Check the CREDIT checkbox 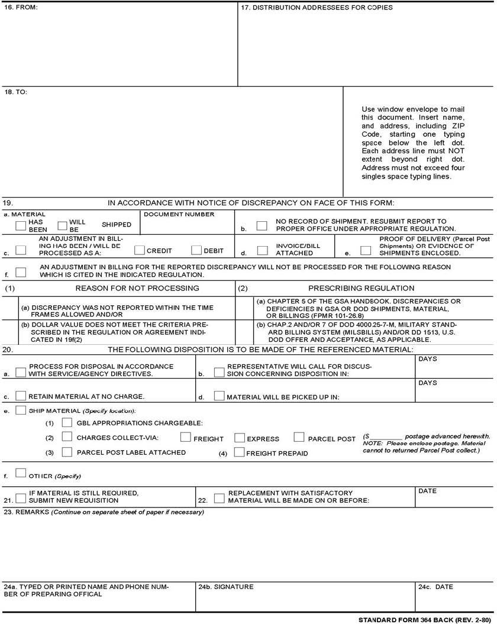pyautogui.click(x=140, y=250)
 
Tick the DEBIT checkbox pyautogui.click(x=197, y=250)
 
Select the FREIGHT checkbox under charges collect pyautogui.click(x=185, y=438)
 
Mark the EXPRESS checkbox pyautogui.click(x=240, y=438)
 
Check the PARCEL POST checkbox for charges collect pyautogui.click(x=298, y=438)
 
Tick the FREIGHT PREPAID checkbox pyautogui.click(x=239, y=452)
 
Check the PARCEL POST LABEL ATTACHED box pyautogui.click(x=67, y=452)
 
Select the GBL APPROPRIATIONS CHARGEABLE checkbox pyautogui.click(x=67, y=422)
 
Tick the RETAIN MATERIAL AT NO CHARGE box pyautogui.click(x=21, y=396)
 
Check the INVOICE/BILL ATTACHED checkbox pyautogui.click(x=262, y=250)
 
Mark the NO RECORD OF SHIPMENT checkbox pyautogui.click(x=262, y=225)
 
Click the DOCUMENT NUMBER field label pyautogui.click(x=179, y=214)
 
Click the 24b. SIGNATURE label pyautogui.click(x=225, y=587)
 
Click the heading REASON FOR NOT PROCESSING pyautogui.click(x=137, y=288)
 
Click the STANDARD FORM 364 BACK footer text pyautogui.click(x=424, y=619)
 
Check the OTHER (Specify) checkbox pyautogui.click(x=21, y=473)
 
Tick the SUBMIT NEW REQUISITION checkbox pyautogui.click(x=21, y=498)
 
